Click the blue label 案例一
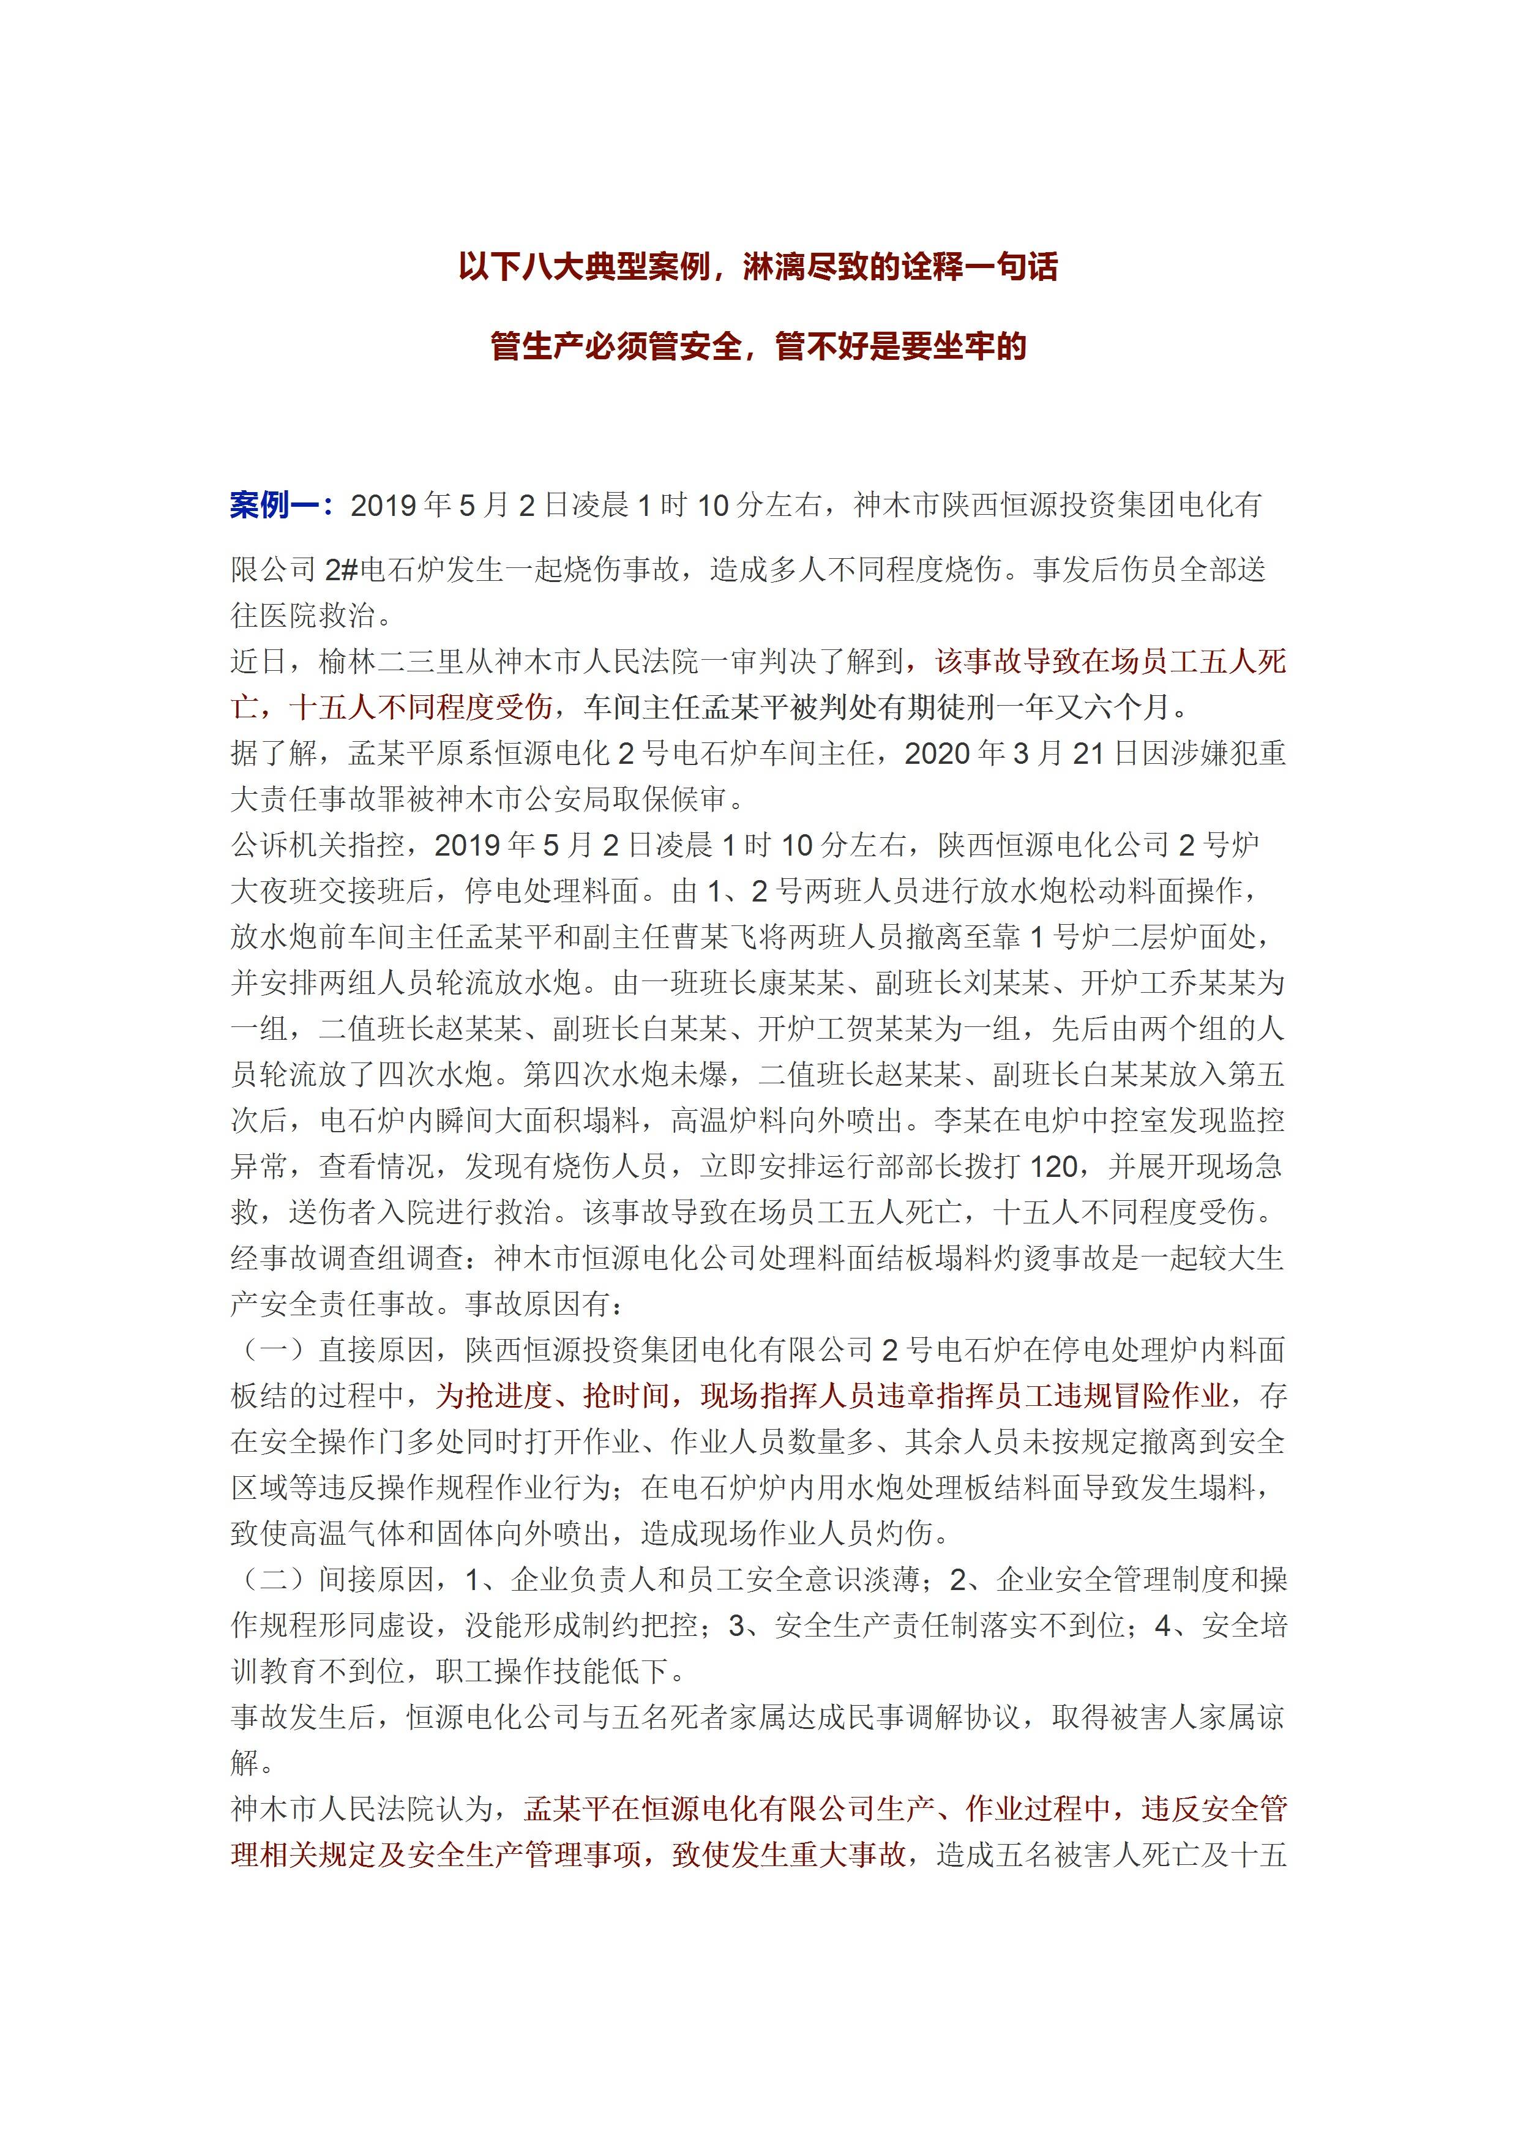tap(280, 506)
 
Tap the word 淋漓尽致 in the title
tap(806, 267)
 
